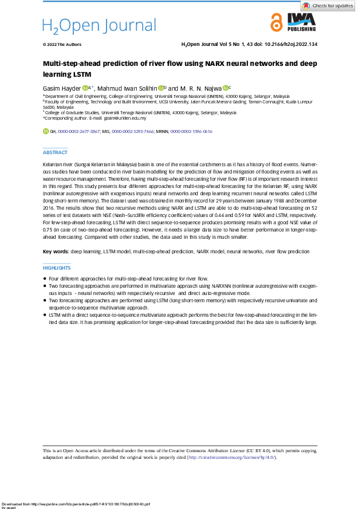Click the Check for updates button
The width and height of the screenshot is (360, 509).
coord(328,5)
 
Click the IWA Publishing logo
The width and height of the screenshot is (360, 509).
coord(301,24)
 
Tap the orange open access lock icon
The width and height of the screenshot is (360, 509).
coord(276,23)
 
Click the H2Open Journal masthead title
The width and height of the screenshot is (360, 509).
coord(99,25)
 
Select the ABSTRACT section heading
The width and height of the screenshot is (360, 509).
coord(55,153)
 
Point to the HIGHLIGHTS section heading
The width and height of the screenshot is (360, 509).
coord(57,267)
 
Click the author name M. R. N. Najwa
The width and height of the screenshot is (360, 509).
coord(200,88)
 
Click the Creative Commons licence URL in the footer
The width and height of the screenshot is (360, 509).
coord(233,457)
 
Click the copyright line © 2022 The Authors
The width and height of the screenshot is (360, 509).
coord(62,45)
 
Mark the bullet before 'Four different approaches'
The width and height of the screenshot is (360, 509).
coord(45,278)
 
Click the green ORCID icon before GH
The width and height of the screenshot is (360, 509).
coord(45,131)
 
